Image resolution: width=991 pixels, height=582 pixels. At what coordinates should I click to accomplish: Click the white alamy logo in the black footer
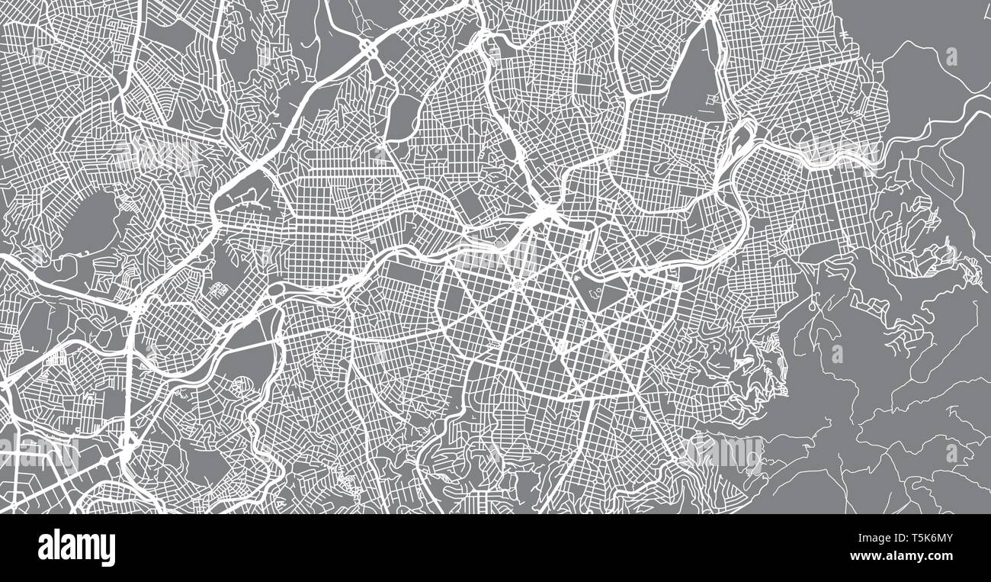pos(76,548)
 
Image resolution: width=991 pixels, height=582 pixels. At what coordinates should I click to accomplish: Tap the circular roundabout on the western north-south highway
pos(127,441)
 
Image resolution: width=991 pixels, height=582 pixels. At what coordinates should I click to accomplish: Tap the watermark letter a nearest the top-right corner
pos(951,56)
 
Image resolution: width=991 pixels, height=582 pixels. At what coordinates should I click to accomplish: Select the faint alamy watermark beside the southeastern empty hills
pos(724,452)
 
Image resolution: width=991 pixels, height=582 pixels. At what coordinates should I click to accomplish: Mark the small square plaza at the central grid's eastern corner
pos(675,287)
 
